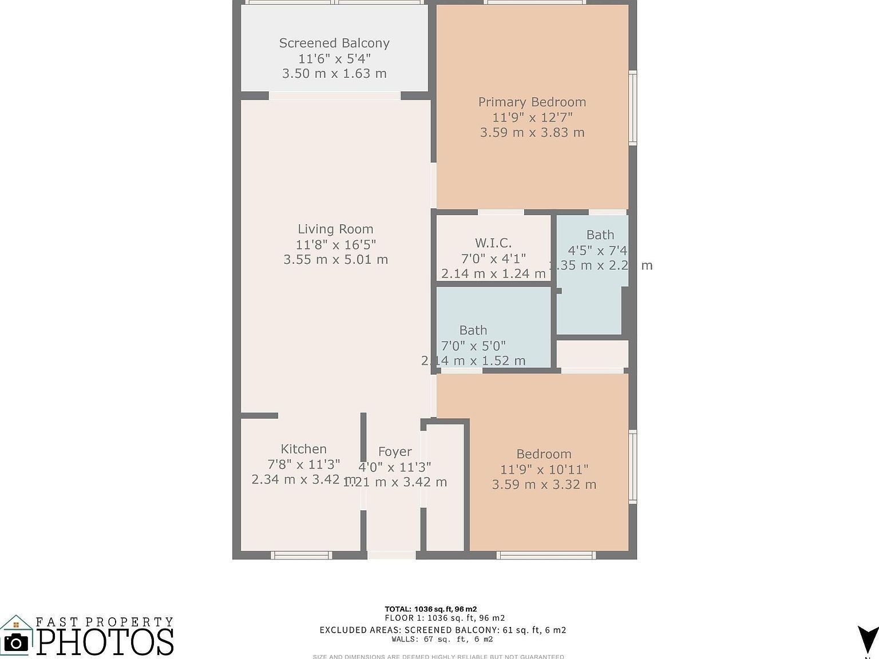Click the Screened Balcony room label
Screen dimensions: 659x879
(x=334, y=43)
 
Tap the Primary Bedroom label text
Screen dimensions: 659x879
(x=532, y=102)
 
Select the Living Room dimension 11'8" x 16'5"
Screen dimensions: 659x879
(x=335, y=244)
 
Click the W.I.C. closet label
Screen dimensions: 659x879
(x=493, y=243)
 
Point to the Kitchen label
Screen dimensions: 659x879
(x=303, y=449)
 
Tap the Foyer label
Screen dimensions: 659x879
(x=395, y=451)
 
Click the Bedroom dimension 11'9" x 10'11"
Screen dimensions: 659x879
(x=544, y=469)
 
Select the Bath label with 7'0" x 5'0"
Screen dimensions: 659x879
(x=473, y=330)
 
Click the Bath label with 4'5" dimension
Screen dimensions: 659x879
(x=600, y=235)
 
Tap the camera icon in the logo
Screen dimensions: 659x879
(x=16, y=642)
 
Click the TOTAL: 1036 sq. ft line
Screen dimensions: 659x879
(x=430, y=609)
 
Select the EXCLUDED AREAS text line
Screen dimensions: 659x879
(x=442, y=630)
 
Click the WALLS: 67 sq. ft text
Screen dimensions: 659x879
(x=442, y=639)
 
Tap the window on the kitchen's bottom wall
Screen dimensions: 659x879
(x=301, y=555)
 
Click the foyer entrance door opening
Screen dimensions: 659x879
(x=391, y=555)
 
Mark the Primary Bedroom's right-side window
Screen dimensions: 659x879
(x=633, y=108)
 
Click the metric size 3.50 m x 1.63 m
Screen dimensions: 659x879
(x=334, y=74)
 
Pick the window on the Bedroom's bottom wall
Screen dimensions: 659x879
(x=546, y=555)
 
